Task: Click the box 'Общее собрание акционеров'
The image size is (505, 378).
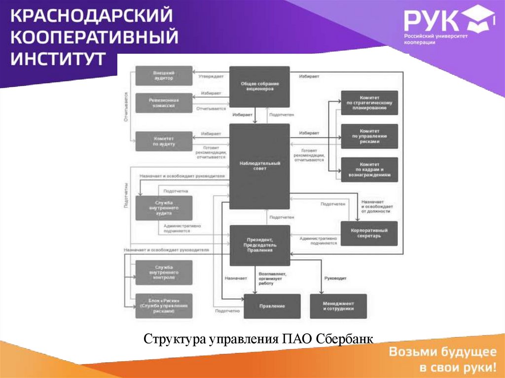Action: point(259,87)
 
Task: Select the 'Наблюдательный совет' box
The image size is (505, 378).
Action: point(259,166)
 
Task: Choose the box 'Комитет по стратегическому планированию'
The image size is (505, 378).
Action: point(369,103)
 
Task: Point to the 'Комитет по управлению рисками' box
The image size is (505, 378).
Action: point(369,137)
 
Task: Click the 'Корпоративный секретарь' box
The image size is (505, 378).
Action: point(369,233)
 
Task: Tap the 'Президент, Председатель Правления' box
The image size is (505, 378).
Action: point(259,245)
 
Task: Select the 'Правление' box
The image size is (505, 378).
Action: point(272,306)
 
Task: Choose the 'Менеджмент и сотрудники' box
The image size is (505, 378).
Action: point(338,306)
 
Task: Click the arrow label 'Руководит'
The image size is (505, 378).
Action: point(335,278)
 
